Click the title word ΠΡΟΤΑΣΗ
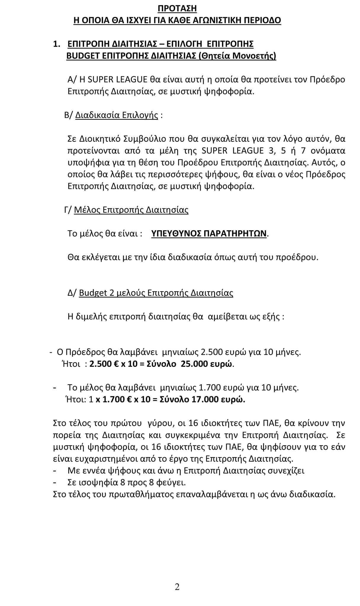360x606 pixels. click(x=177, y=9)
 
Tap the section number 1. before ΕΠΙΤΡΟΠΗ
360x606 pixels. click(x=56, y=44)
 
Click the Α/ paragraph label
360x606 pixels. click(x=72, y=80)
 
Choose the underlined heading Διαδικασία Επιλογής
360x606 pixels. click(x=117, y=115)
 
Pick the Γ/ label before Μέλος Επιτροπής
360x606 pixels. click(x=68, y=210)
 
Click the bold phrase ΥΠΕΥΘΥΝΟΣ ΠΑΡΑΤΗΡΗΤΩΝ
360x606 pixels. click(x=209, y=234)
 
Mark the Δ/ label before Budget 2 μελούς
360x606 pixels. click(x=72, y=293)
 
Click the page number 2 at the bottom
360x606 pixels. click(x=177, y=586)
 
